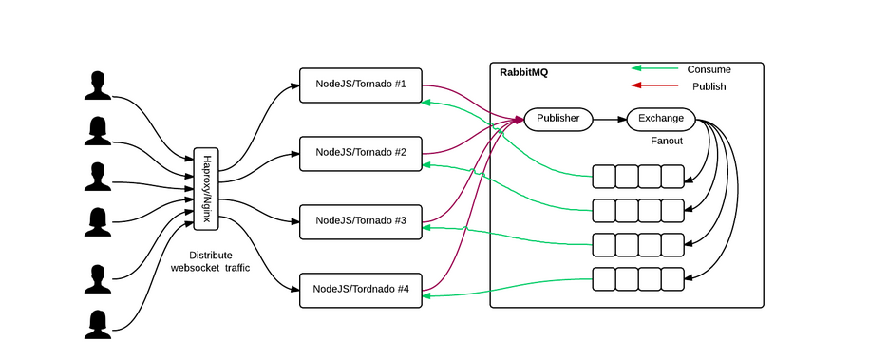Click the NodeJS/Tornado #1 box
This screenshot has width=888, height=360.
tap(361, 85)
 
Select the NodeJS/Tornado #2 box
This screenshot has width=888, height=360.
tap(361, 153)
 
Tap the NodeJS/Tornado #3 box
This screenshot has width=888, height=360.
tap(361, 221)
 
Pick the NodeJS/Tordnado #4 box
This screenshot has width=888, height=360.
tap(361, 290)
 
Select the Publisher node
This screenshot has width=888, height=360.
tap(558, 119)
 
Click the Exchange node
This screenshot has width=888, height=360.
tap(661, 119)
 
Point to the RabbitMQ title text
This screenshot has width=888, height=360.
tap(523, 73)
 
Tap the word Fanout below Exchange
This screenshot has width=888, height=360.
tap(667, 141)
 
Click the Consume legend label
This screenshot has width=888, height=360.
tap(709, 69)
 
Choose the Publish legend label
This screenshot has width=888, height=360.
tap(709, 86)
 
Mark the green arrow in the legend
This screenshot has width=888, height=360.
tap(655, 68)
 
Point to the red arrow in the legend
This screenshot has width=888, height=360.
tap(655, 85)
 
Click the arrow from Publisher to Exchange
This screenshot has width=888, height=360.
tap(610, 120)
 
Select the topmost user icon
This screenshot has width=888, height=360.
tap(96, 85)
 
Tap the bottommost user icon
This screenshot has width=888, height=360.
tap(96, 324)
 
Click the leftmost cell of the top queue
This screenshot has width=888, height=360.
tap(604, 177)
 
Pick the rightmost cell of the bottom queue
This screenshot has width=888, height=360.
tap(672, 279)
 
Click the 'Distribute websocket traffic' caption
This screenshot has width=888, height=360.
tap(210, 262)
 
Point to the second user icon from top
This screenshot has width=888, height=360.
tap(96, 131)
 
